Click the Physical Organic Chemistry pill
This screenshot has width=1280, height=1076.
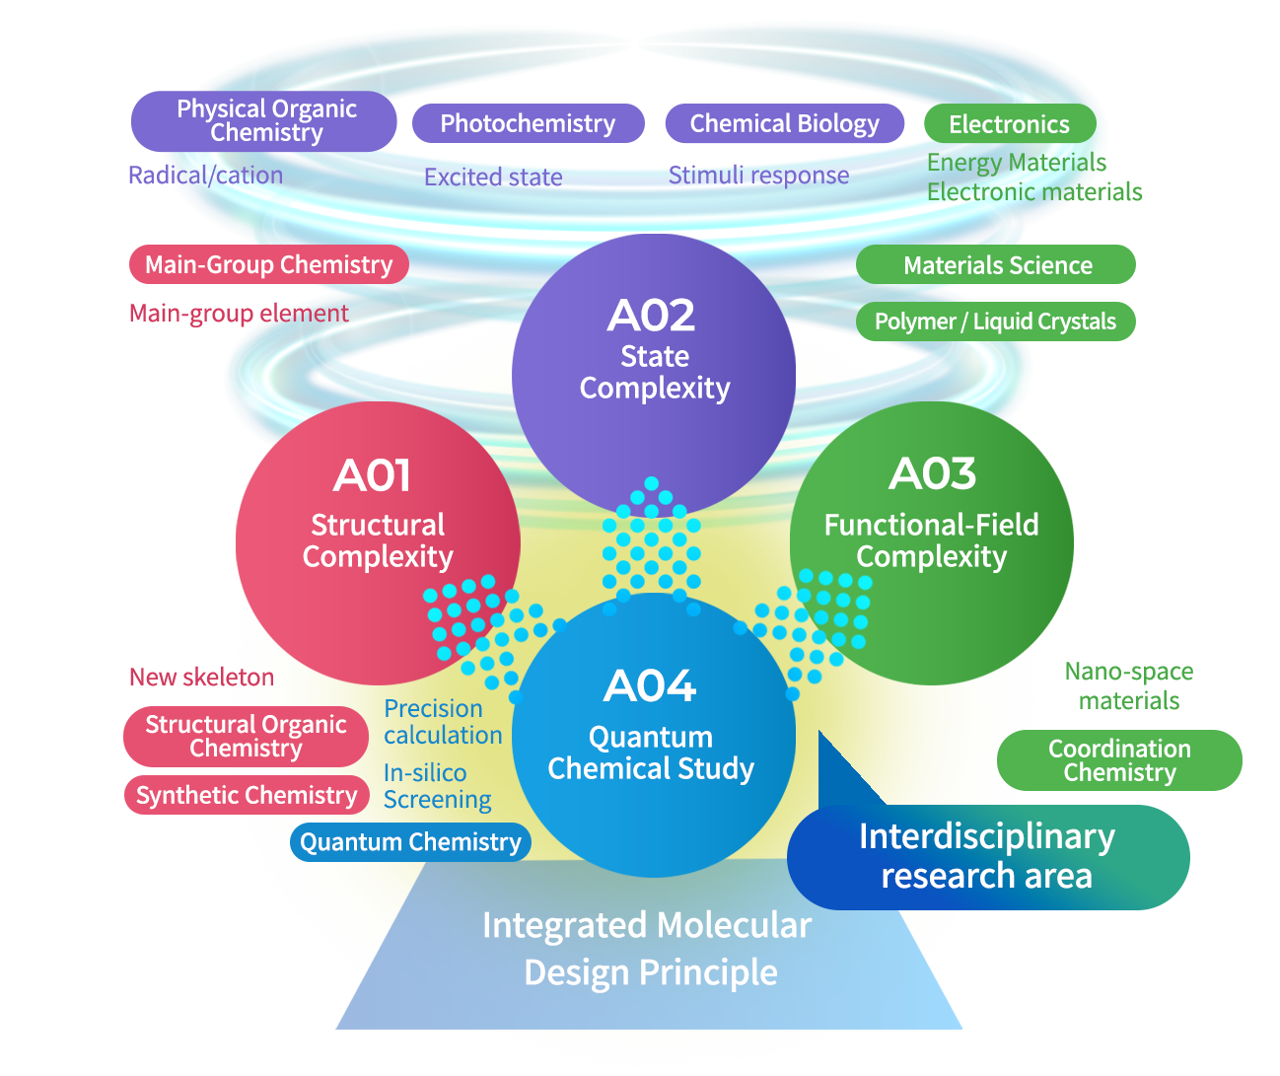pyautogui.click(x=264, y=121)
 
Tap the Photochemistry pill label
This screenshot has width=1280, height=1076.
pyautogui.click(x=528, y=123)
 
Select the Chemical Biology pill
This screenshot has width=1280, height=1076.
pyautogui.click(x=784, y=123)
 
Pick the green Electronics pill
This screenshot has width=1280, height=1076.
pyautogui.click(x=1009, y=124)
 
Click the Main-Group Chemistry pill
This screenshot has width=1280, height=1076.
pyautogui.click(x=268, y=264)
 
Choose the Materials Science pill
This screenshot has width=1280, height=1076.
pyautogui.click(x=996, y=265)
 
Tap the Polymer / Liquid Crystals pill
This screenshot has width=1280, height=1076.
pyautogui.click(x=995, y=322)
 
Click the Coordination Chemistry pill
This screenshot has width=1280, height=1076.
pyautogui.click(x=1119, y=760)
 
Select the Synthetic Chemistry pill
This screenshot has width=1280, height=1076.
pyautogui.click(x=246, y=795)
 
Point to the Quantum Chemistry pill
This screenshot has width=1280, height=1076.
pyautogui.click(x=410, y=842)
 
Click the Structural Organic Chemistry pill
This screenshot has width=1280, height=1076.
pyautogui.click(x=246, y=737)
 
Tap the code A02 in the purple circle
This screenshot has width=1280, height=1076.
pyautogui.click(x=652, y=316)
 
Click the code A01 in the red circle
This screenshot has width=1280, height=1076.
pyautogui.click(x=372, y=475)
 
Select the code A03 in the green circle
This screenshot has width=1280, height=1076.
pyautogui.click(x=932, y=473)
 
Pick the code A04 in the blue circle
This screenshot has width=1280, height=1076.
pyautogui.click(x=650, y=685)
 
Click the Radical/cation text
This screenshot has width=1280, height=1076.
pyautogui.click(x=205, y=176)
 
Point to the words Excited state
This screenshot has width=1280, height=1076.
pyautogui.click(x=493, y=178)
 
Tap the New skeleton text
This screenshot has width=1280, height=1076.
pyautogui.click(x=201, y=678)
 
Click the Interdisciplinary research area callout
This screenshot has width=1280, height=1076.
pyautogui.click(x=987, y=856)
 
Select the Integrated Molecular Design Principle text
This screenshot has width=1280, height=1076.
pyautogui.click(x=648, y=949)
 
